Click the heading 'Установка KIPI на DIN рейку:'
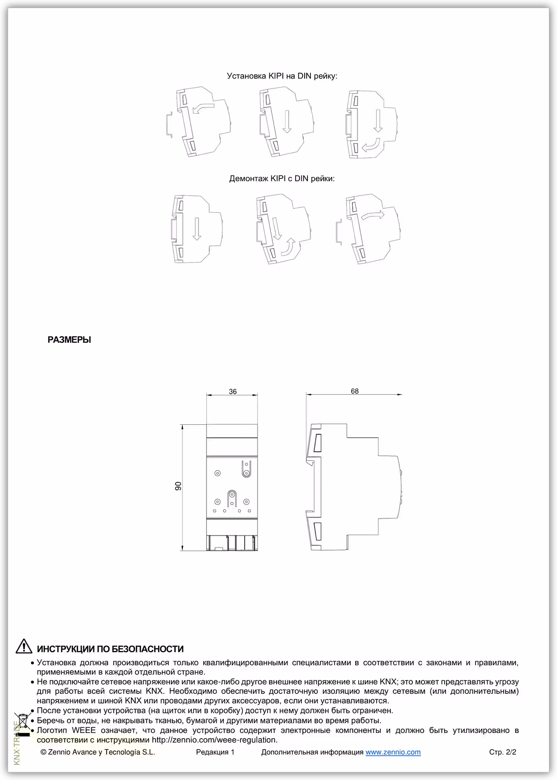click(x=282, y=76)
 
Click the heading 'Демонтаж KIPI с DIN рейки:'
click(x=282, y=179)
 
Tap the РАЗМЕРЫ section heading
click(x=70, y=340)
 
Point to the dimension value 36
click(x=232, y=392)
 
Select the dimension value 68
click(x=355, y=391)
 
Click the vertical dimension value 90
click(x=179, y=486)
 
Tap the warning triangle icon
click(x=24, y=647)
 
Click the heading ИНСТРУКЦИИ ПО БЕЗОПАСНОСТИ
click(x=110, y=649)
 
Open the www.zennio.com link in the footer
click(x=393, y=752)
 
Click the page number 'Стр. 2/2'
click(x=502, y=752)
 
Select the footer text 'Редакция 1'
click(x=215, y=752)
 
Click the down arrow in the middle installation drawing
click(x=287, y=123)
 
